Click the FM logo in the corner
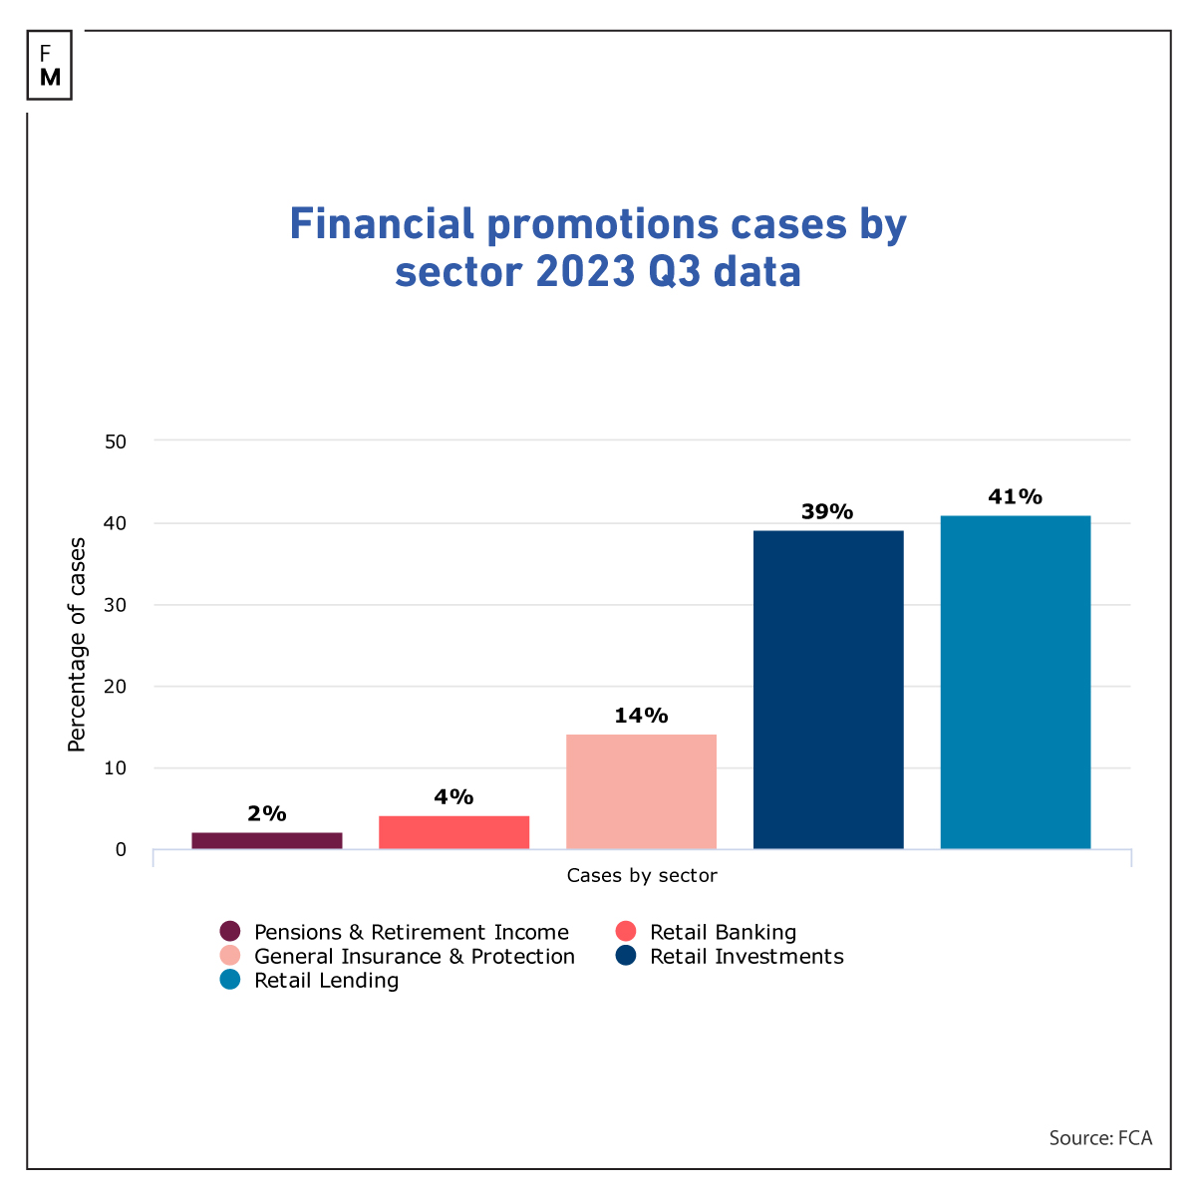50,65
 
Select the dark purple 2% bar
267,840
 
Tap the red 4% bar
453,832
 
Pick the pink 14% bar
641,791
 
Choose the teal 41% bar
1015,682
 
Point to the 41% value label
1015,496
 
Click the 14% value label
641,716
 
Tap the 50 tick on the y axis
116,441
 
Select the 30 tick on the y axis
116,605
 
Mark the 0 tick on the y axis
121,850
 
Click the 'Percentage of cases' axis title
77,645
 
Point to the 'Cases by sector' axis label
642,876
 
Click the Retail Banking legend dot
626,932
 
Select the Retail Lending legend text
326,981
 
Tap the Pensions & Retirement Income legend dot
230,932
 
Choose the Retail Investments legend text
747,957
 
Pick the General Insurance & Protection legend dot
230,957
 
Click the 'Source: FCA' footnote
1099,1138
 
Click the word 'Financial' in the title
382,224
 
